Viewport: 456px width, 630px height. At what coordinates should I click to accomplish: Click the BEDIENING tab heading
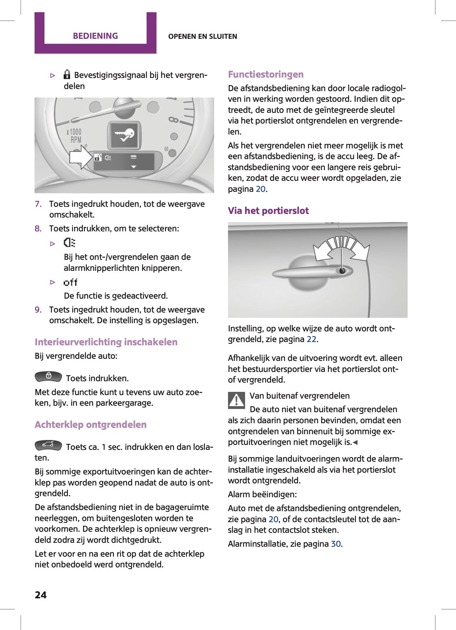pyautogui.click(x=95, y=36)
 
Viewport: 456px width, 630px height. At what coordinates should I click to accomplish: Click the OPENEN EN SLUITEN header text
pyautogui.click(x=202, y=36)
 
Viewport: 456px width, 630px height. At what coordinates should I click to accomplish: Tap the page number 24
pyautogui.click(x=41, y=595)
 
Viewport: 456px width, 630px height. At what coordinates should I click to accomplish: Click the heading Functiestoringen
pyautogui.click(x=266, y=74)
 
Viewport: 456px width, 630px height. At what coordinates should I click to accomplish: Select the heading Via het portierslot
pyautogui.click(x=268, y=211)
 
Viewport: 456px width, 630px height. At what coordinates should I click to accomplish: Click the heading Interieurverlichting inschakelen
pyautogui.click(x=106, y=342)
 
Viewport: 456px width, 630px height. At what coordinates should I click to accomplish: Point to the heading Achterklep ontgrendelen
pyautogui.click(x=91, y=425)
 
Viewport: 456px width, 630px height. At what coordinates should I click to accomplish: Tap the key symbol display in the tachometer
pyautogui.click(x=123, y=135)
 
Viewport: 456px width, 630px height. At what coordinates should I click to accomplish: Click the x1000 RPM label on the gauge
pyautogui.click(x=74, y=136)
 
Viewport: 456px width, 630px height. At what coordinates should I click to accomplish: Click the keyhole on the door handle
pyautogui.click(x=342, y=271)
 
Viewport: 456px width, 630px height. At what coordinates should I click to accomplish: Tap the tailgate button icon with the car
pyautogui.click(x=48, y=445)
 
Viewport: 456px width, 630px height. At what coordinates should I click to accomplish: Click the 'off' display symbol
pyautogui.click(x=70, y=283)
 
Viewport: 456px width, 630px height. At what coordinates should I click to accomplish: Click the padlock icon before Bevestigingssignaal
pyautogui.click(x=67, y=74)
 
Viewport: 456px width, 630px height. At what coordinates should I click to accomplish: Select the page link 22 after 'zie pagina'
pyautogui.click(x=311, y=339)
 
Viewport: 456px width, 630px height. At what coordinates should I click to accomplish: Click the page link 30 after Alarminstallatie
pyautogui.click(x=336, y=544)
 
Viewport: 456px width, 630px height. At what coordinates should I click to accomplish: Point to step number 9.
pyautogui.click(x=38, y=310)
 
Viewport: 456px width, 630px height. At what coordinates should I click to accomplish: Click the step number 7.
pyautogui.click(x=38, y=204)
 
